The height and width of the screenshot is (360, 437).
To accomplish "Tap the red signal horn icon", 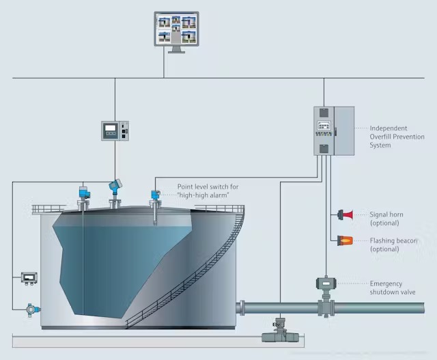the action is click(x=346, y=214).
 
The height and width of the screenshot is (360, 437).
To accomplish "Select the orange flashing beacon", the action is click(x=345, y=240).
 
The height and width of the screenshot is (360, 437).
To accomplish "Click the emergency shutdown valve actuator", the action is click(x=326, y=283).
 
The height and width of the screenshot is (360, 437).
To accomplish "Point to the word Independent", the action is click(x=389, y=128).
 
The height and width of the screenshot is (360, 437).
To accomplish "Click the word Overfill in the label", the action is click(x=380, y=137).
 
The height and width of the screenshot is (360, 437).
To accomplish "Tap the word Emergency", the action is click(x=386, y=284).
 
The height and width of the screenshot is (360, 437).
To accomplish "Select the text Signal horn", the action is click(x=386, y=214).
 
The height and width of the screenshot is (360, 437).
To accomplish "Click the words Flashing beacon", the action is click(x=393, y=240).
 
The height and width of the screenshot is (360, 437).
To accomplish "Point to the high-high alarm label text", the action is click(x=203, y=195).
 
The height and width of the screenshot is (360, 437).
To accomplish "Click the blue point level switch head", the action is click(x=156, y=195).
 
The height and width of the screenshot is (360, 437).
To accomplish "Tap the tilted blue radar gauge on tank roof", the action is click(x=115, y=186).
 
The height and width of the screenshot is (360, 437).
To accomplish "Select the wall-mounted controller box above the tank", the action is click(x=115, y=130).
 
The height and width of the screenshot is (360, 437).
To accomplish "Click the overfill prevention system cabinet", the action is click(x=334, y=130).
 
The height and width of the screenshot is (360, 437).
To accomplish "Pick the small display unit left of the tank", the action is click(x=29, y=278).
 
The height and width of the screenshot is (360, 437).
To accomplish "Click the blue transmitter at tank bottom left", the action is click(x=33, y=309).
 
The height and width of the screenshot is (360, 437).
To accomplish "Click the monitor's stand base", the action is click(x=176, y=52).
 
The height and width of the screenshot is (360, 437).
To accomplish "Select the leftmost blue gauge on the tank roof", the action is click(x=84, y=192).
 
